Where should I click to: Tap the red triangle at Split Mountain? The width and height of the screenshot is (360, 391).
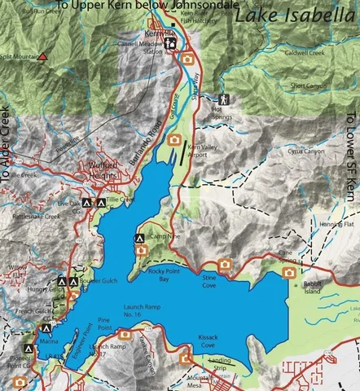click(42, 57)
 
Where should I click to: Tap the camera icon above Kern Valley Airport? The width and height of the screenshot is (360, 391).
click(174, 140)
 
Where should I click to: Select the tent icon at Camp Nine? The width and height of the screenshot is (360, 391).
click(139, 239)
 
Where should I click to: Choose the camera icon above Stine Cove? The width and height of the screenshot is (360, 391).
click(225, 265)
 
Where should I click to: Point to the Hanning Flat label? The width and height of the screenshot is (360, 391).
click(336, 224)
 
